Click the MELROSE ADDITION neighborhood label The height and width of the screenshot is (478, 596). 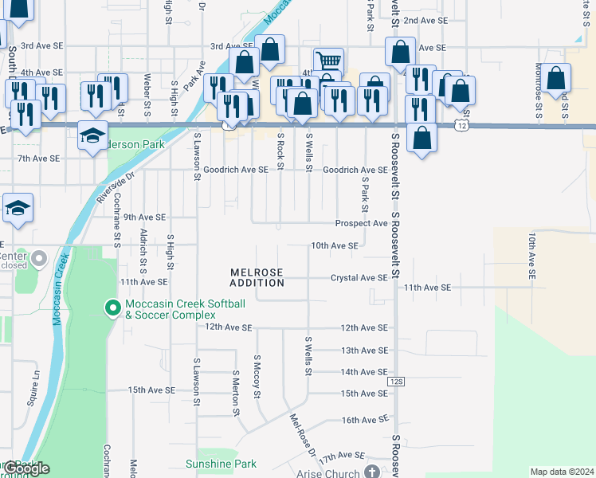[x=257, y=277]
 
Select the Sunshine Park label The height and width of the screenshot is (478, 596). [x=221, y=464]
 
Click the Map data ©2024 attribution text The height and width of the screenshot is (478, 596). [x=562, y=472]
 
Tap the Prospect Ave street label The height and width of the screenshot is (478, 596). [x=361, y=224]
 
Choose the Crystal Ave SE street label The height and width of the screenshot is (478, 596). [x=359, y=278]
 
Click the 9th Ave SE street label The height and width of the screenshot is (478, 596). [x=144, y=217]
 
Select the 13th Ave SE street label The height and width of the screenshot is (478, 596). [x=363, y=351]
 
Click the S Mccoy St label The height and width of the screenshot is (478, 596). [x=257, y=373]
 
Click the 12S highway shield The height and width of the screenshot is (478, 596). [x=398, y=382]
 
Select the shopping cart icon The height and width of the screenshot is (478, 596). [x=327, y=61]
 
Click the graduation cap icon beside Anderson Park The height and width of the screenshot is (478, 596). [x=93, y=134]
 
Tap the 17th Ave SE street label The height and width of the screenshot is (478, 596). [x=341, y=456]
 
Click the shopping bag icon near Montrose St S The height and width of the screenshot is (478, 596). [x=556, y=77]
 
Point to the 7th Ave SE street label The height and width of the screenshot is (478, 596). [x=37, y=159]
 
